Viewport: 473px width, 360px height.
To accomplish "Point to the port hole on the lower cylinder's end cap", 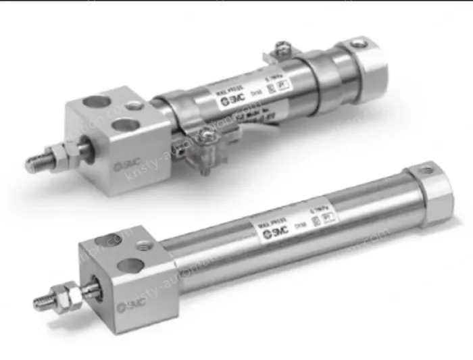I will (428, 169).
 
